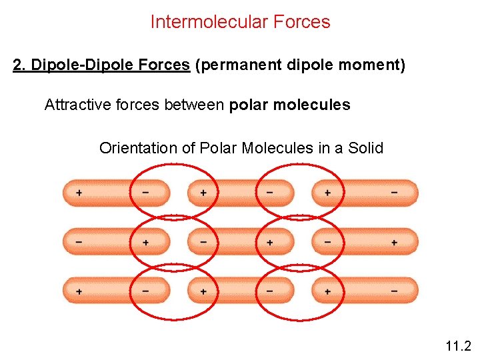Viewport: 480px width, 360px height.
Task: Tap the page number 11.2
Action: [x=457, y=346]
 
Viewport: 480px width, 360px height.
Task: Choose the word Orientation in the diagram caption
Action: [x=138, y=148]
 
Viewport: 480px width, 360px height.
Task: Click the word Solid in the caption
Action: [x=366, y=148]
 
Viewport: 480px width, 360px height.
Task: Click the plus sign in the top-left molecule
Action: [x=79, y=193]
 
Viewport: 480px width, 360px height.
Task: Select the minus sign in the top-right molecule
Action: [x=394, y=193]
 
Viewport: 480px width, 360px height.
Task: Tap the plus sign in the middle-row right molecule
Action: [x=394, y=242]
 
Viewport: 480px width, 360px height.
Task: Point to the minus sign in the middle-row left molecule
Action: [x=79, y=242]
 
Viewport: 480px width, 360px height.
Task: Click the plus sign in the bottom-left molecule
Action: [x=79, y=291]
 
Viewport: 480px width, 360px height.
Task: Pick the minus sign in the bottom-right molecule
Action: [x=394, y=291]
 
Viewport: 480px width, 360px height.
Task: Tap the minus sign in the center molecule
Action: [x=203, y=242]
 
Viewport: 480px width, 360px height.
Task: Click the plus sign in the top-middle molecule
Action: [x=203, y=193]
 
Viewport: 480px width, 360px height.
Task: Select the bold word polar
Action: [x=247, y=105]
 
